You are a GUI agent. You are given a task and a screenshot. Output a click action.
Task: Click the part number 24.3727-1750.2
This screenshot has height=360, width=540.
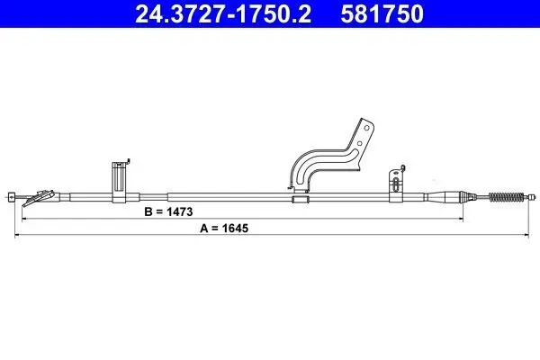(x=223, y=13)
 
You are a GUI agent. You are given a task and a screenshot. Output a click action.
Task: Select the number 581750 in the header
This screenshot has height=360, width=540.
(x=382, y=13)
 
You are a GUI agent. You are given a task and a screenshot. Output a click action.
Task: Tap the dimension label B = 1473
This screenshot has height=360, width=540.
(x=168, y=211)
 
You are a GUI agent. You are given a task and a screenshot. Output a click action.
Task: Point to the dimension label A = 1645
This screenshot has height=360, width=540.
(x=224, y=228)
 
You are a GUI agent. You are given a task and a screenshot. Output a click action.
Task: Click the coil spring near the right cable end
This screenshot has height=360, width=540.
(x=506, y=197)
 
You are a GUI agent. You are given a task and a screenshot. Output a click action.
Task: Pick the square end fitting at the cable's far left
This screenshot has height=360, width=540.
(x=12, y=197)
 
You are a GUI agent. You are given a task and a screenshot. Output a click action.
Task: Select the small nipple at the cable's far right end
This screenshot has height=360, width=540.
(x=533, y=197)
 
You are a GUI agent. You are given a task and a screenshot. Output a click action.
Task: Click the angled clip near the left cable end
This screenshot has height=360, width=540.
(x=38, y=198)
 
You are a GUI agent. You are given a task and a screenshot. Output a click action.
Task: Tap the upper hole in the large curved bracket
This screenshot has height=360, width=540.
(x=367, y=128)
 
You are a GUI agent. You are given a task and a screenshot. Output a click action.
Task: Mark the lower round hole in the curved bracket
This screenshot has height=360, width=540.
(x=359, y=143)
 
